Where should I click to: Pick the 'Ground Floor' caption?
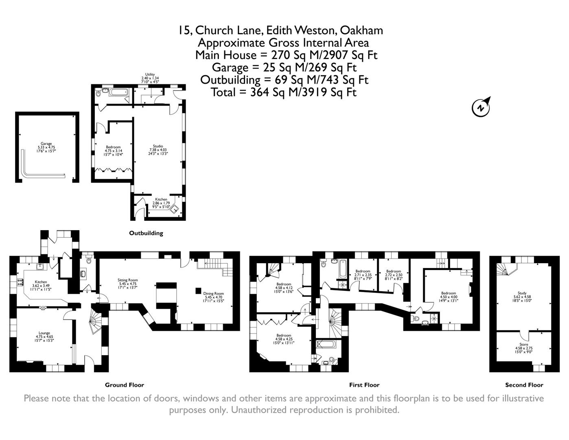pos(124,385)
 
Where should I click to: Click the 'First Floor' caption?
pos(364,385)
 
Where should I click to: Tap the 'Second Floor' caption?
pos(524,385)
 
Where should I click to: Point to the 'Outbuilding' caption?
pos(146,233)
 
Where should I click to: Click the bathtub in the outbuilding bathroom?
pos(119,92)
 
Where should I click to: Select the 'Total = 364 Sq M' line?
pos(283,92)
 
